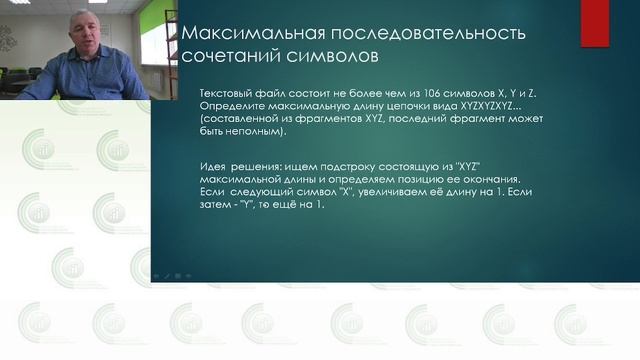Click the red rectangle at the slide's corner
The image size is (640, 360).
pos(595,11)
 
